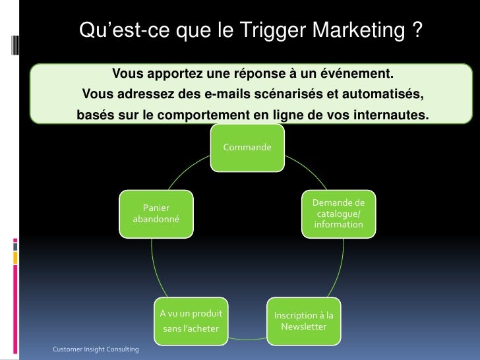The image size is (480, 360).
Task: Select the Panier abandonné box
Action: click(156, 213)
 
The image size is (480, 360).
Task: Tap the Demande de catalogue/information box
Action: click(338, 214)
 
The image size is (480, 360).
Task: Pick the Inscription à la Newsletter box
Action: click(303, 321)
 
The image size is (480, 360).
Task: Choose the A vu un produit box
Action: click(191, 321)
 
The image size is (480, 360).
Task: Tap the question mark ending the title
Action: click(416, 30)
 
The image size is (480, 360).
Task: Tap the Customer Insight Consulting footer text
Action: click(96, 348)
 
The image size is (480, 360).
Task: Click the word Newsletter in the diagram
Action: click(303, 327)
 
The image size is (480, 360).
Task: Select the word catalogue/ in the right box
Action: click(338, 214)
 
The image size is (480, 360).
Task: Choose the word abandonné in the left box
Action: click(156, 219)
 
